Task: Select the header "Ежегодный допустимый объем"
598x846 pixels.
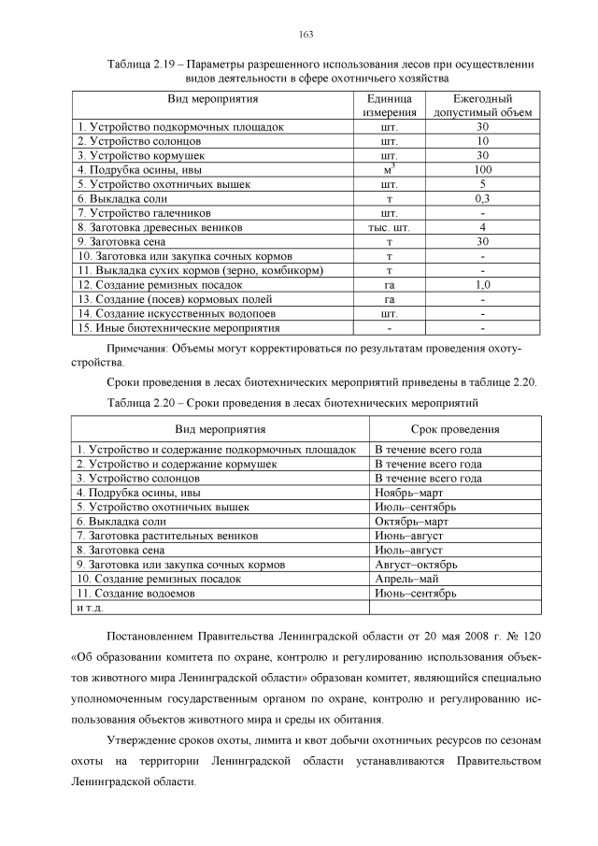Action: click(482, 105)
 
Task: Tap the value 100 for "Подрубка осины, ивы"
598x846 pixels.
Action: click(482, 170)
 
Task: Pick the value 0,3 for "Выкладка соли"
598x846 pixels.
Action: click(482, 199)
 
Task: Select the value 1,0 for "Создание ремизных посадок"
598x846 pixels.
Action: click(482, 284)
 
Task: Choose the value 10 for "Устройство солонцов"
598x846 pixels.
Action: click(482, 141)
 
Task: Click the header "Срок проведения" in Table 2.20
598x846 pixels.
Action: click(449, 429)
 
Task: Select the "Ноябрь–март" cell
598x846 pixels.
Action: click(408, 492)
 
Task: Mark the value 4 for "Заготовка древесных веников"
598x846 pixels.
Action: click(482, 227)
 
